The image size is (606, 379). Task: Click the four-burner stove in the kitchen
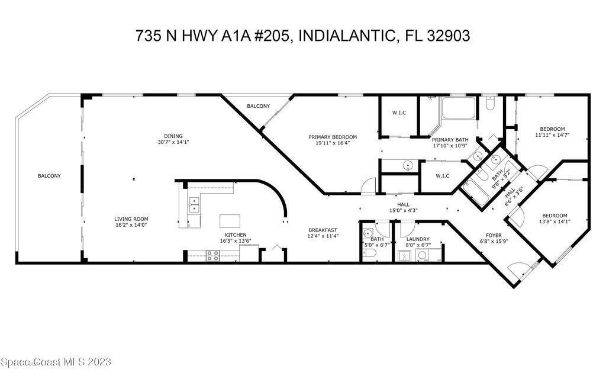click(213, 256)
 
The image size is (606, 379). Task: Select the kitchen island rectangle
click(230, 221)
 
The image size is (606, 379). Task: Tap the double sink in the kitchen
click(194, 204)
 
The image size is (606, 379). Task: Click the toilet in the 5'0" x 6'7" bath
click(369, 253)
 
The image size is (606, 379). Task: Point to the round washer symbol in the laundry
click(422, 255)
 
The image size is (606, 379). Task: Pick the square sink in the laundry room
click(405, 256)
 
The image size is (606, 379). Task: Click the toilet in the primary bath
click(489, 103)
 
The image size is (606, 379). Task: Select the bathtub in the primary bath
click(459, 108)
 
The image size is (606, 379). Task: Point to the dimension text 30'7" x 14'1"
click(173, 142)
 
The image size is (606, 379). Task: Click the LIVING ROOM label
click(131, 219)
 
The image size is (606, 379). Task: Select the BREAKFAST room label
click(323, 230)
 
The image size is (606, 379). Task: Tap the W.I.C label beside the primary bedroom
click(399, 113)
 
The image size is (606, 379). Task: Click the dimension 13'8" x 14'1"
click(555, 221)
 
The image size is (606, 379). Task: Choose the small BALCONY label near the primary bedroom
click(258, 106)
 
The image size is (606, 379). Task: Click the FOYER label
click(494, 235)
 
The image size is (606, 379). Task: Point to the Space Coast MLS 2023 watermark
click(56, 362)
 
